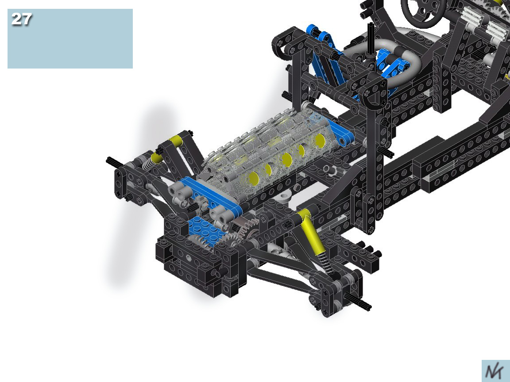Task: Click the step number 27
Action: (21, 19)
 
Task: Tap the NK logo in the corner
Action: (495, 371)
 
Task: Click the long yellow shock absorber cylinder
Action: (312, 231)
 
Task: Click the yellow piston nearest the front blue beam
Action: (253, 178)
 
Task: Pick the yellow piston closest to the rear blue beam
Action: (320, 140)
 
